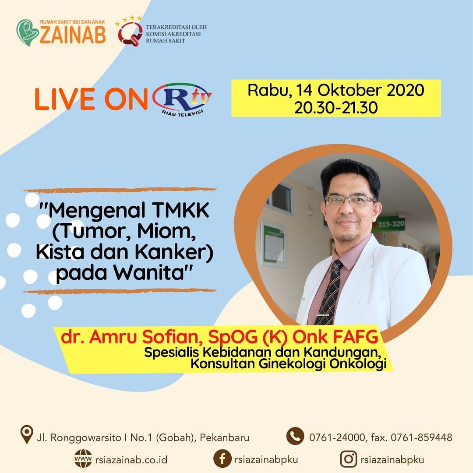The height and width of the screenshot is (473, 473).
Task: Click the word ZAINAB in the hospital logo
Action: pyautogui.click(x=73, y=35)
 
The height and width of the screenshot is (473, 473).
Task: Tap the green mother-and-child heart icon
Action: pyautogui.click(x=27, y=32)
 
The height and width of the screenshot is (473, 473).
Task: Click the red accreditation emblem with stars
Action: pyautogui.click(x=130, y=32)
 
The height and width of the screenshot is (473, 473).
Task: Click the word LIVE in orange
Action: pyautogui.click(x=64, y=99)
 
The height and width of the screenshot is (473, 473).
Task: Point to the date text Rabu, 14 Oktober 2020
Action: pyautogui.click(x=336, y=90)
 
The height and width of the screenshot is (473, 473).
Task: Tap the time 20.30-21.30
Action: pyautogui.click(x=336, y=108)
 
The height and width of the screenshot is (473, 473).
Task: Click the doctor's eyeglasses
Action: pyautogui.click(x=350, y=200)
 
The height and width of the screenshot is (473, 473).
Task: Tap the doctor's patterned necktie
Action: pyautogui.click(x=329, y=292)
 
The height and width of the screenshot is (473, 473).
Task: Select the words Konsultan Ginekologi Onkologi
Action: pyautogui.click(x=288, y=364)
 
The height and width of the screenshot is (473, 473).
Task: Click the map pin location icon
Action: pyautogui.click(x=27, y=434)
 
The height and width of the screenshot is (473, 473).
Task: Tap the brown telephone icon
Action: pyautogui.click(x=295, y=436)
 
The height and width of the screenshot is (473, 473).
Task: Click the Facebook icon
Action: pyautogui.click(x=222, y=459)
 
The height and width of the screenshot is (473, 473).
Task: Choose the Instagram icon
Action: pyautogui.click(x=349, y=459)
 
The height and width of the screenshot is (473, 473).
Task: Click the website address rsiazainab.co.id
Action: pyautogui.click(x=131, y=460)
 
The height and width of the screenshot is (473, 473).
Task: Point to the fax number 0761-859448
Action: pyautogui.click(x=421, y=438)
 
